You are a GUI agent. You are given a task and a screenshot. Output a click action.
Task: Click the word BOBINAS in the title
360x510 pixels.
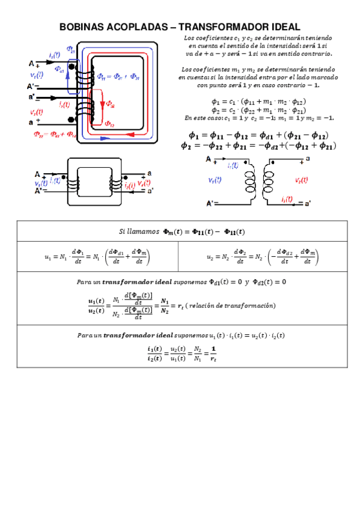84,28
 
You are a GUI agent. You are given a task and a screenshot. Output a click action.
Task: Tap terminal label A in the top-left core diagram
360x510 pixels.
31,63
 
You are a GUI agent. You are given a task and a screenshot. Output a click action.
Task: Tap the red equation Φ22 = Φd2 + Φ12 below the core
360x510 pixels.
54,134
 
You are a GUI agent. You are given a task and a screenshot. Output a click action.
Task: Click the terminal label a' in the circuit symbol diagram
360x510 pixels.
307,203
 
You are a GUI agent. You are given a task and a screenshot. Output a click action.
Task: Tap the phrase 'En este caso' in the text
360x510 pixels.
203,118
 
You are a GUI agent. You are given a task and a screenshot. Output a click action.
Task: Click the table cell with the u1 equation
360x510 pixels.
97,256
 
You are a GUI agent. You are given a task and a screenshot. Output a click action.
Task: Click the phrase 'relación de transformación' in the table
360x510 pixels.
232,306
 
